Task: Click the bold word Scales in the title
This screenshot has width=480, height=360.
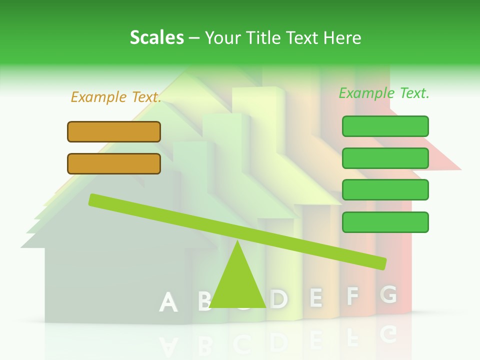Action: point(156,38)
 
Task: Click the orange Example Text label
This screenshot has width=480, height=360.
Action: point(116,97)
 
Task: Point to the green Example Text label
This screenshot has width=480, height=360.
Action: point(384,93)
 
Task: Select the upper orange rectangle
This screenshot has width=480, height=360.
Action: point(114,131)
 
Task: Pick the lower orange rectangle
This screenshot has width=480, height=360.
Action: point(114,163)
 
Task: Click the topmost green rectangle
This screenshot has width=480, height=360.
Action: point(385,126)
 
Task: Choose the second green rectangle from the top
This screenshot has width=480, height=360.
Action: point(385,158)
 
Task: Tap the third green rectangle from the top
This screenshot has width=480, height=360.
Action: point(385,190)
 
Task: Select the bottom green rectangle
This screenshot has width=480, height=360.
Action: point(385,222)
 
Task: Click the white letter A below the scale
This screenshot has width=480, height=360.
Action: point(168,302)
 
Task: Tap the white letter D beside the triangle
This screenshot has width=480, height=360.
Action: point(279,299)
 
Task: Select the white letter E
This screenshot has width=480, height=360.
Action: point(315,297)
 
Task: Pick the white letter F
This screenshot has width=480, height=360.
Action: point(352,296)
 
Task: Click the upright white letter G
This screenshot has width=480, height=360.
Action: point(388,294)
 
